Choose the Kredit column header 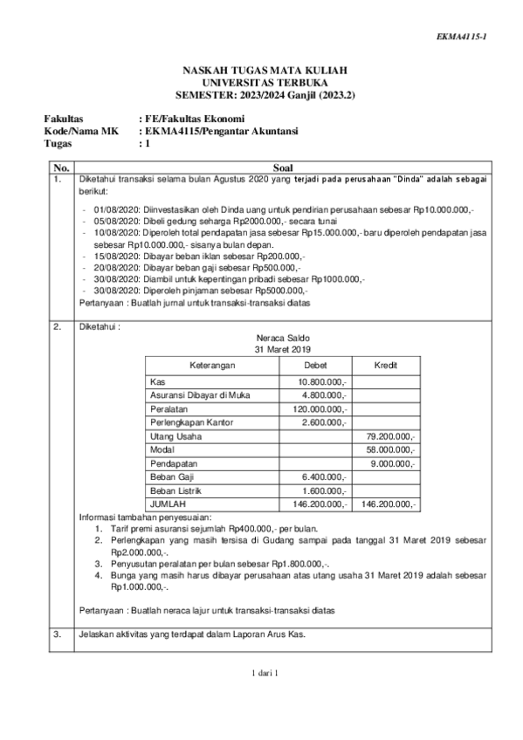(385, 365)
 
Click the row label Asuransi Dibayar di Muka (200, 395)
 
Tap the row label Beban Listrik (175, 490)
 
